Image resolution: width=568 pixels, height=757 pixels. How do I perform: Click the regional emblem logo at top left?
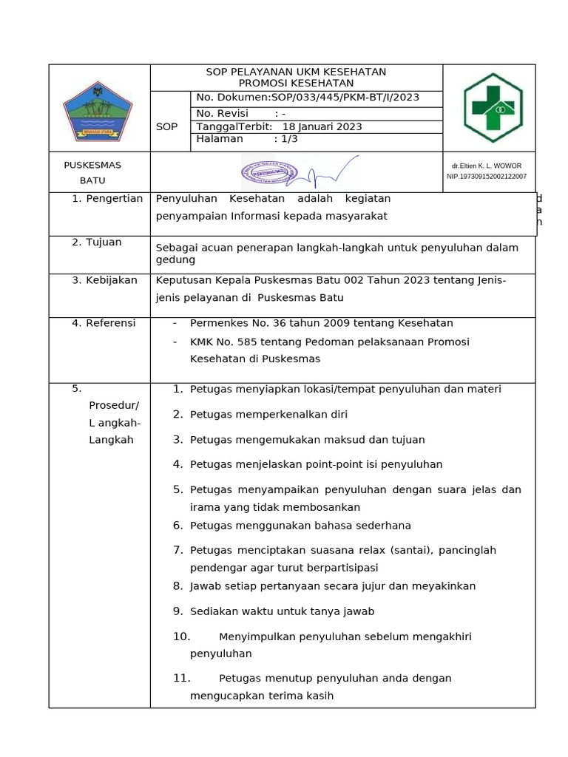pyautogui.click(x=98, y=109)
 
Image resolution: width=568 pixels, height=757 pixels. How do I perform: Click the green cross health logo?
pyautogui.click(x=493, y=108)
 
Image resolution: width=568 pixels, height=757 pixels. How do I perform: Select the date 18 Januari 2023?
pyautogui.click(x=322, y=126)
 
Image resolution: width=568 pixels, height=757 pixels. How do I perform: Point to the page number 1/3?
pyautogui.click(x=285, y=139)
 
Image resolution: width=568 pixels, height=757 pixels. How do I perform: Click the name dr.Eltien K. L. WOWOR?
pyautogui.click(x=487, y=166)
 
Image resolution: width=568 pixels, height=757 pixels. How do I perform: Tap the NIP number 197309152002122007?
pyautogui.click(x=487, y=177)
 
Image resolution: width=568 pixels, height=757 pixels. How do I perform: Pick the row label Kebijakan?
pyautogui.click(x=112, y=280)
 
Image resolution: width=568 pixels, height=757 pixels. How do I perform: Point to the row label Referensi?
pyautogui.click(x=111, y=323)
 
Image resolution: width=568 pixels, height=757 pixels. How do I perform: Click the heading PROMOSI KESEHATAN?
pyautogui.click(x=296, y=84)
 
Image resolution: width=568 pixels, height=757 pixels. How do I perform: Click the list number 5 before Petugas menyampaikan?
pyautogui.click(x=177, y=489)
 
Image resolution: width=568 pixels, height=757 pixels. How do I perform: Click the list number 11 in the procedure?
pyautogui.click(x=182, y=678)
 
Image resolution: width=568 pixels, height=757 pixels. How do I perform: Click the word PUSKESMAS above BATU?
pyautogui.click(x=92, y=165)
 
